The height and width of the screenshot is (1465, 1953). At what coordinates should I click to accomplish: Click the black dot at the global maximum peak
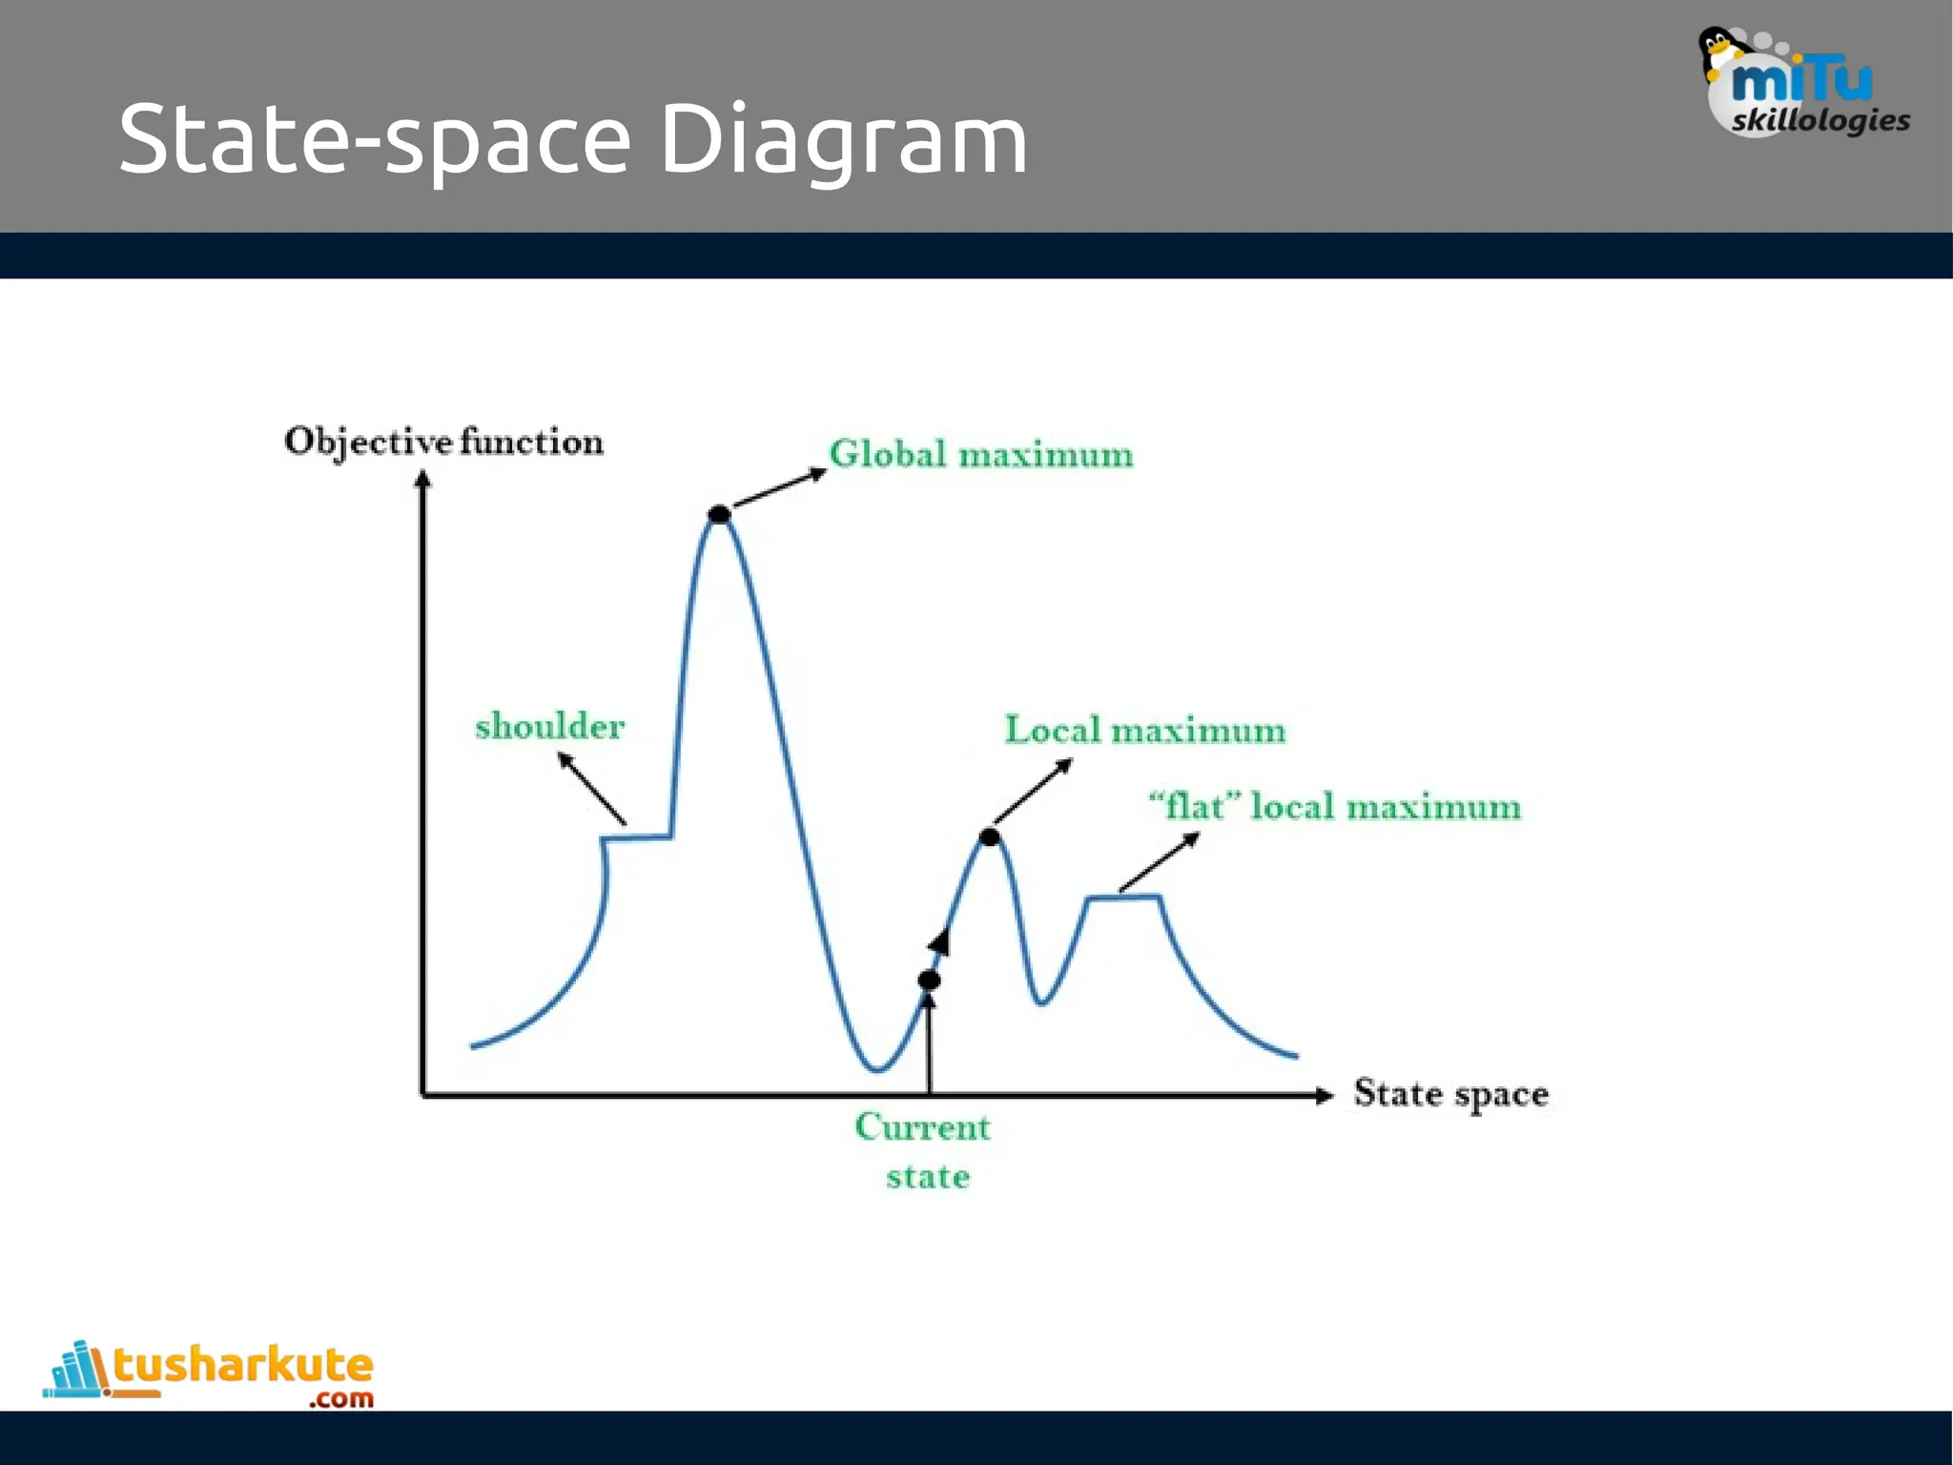tap(719, 515)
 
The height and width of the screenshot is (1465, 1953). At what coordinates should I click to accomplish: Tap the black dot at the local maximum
tap(990, 837)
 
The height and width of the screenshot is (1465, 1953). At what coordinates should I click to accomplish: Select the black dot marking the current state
tap(929, 980)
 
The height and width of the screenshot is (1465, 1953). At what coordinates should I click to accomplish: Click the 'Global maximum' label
tap(980, 454)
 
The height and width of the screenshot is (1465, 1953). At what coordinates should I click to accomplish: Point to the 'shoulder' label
tap(549, 727)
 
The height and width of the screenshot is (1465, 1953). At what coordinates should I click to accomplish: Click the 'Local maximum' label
tap(1144, 731)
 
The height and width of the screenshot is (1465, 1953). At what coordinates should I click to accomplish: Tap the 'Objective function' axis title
tap(443, 442)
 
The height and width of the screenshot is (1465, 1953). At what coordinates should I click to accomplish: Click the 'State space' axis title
tap(1450, 1094)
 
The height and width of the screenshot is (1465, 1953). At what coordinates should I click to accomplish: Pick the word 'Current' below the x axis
tap(922, 1127)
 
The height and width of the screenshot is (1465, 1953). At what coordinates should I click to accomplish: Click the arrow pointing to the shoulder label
tap(591, 789)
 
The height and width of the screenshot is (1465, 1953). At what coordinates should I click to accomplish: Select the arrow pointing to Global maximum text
tap(779, 487)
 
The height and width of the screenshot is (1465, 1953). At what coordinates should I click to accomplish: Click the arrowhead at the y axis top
tap(422, 479)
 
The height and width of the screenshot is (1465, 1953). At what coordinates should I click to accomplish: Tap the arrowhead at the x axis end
tap(1324, 1095)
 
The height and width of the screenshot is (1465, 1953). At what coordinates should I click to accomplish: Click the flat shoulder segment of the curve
tap(637, 838)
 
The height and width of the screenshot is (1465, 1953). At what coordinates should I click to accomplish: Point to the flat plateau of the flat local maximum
tap(1123, 897)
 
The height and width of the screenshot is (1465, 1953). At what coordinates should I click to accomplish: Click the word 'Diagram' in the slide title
tap(843, 139)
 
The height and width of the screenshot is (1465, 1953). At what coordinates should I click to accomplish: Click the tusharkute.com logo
tap(210, 1373)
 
